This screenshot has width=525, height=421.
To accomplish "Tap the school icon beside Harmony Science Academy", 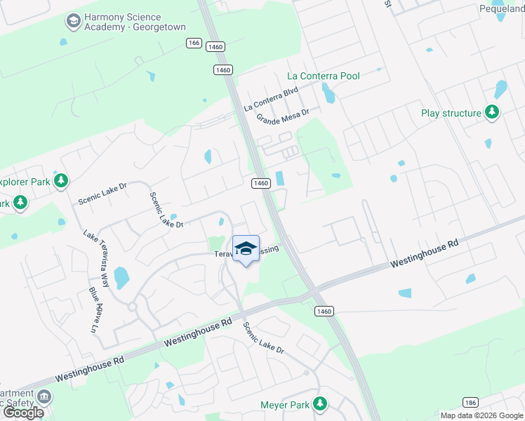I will tap(72, 22).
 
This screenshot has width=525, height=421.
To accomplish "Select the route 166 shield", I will tap(194, 44).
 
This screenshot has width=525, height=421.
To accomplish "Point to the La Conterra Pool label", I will tap(324, 76).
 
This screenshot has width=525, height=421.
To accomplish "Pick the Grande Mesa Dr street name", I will tap(282, 114).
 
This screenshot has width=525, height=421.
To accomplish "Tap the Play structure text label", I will tap(451, 113).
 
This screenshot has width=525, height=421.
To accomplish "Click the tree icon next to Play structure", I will tap(492, 112).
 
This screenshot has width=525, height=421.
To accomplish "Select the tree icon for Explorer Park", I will tap(61, 182).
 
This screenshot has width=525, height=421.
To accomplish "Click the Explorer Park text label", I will tap(25, 182).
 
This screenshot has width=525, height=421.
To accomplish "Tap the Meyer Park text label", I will tap(285, 404).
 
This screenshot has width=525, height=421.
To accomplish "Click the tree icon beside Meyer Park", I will tap(320, 403).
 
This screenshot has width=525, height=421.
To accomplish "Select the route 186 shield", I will tap(470, 402).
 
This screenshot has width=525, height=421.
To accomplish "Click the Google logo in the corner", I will tap(23, 413).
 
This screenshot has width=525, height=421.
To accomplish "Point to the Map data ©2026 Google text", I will tap(482, 415).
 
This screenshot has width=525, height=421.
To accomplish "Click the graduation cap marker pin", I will tap(246, 250).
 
